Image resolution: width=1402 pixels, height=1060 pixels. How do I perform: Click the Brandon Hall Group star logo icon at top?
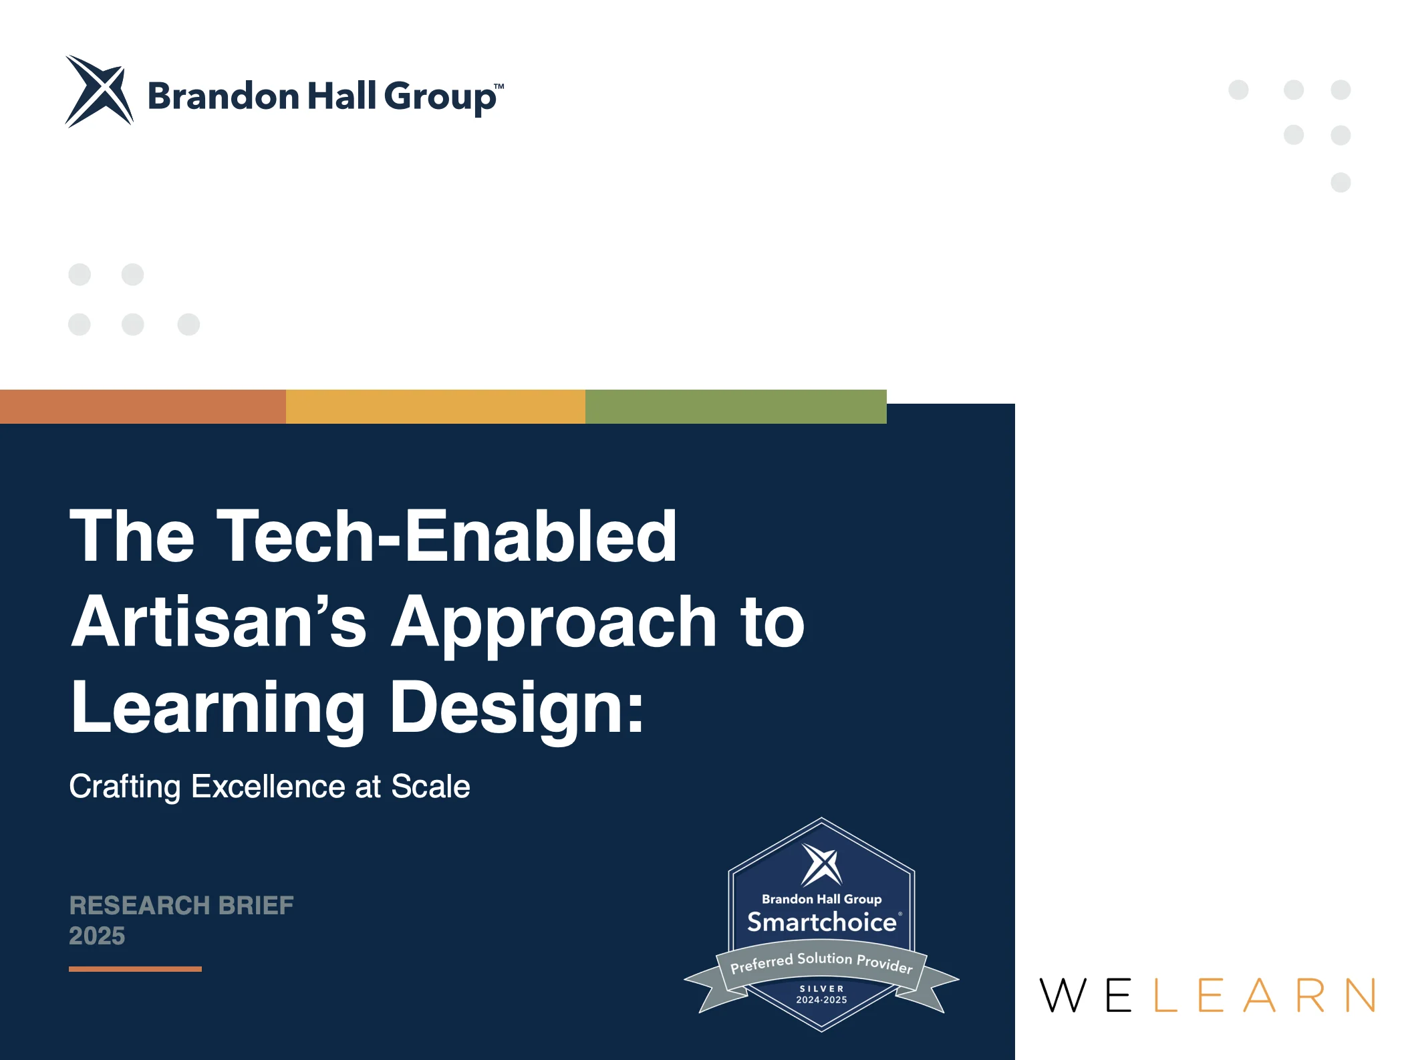coord(99,91)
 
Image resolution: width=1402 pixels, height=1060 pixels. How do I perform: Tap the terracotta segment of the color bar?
coord(143,406)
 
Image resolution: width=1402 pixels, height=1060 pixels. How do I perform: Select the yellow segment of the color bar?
coord(436,406)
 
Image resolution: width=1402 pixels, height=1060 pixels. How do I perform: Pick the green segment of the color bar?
coord(736,406)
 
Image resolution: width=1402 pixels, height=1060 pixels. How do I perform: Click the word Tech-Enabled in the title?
coord(447,536)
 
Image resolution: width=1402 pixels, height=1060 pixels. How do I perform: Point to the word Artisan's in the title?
coord(219,622)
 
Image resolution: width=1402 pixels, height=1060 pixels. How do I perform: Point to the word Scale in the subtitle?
coord(430,786)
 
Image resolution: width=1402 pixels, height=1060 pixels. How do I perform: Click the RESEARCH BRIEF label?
coord(182,906)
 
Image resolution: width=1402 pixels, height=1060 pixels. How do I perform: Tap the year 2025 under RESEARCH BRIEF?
coord(97,936)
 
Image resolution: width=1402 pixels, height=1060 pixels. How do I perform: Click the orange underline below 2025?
coord(135,969)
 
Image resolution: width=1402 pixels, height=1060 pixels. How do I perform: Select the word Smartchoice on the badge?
coord(822,922)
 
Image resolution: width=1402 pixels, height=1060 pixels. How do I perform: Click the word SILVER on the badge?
coord(822,988)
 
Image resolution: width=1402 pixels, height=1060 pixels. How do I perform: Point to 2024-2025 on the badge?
coord(821,1000)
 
